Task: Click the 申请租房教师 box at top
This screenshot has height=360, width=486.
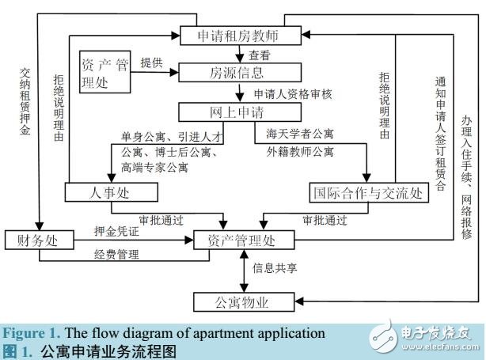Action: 238,36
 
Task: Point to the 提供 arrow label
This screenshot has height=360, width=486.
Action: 152,63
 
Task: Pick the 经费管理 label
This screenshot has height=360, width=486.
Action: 116,254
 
